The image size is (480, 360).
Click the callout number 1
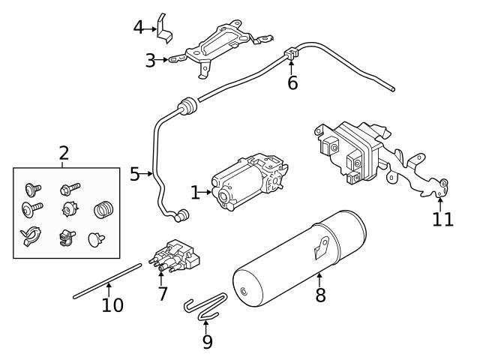(x=195, y=193)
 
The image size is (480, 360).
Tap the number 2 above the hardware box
(x=64, y=154)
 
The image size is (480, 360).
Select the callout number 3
(x=150, y=60)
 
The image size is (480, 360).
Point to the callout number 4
(x=139, y=28)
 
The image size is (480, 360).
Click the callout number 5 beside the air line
(x=135, y=175)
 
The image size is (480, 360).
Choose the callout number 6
(x=292, y=82)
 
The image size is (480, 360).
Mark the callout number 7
(x=163, y=293)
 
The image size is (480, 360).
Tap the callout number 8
(x=321, y=295)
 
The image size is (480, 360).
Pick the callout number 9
(x=207, y=342)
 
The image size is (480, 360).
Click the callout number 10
(x=112, y=305)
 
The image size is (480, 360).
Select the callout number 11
(x=443, y=219)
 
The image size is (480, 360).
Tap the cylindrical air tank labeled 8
(x=300, y=259)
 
